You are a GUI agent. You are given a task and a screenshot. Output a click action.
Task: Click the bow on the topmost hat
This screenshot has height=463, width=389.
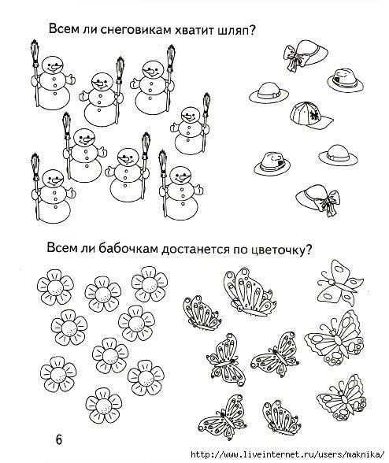coord(294,57)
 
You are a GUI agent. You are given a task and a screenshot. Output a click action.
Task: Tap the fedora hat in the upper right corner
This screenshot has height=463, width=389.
coord(341,77)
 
